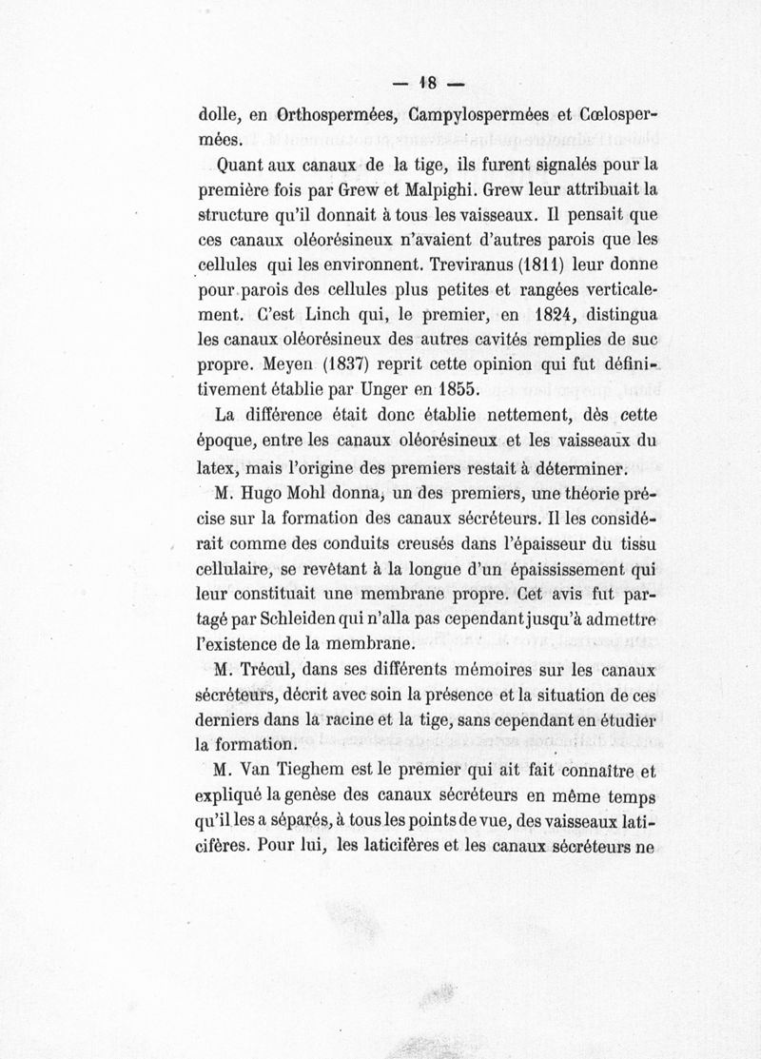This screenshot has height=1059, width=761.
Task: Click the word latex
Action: [x=214, y=470]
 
